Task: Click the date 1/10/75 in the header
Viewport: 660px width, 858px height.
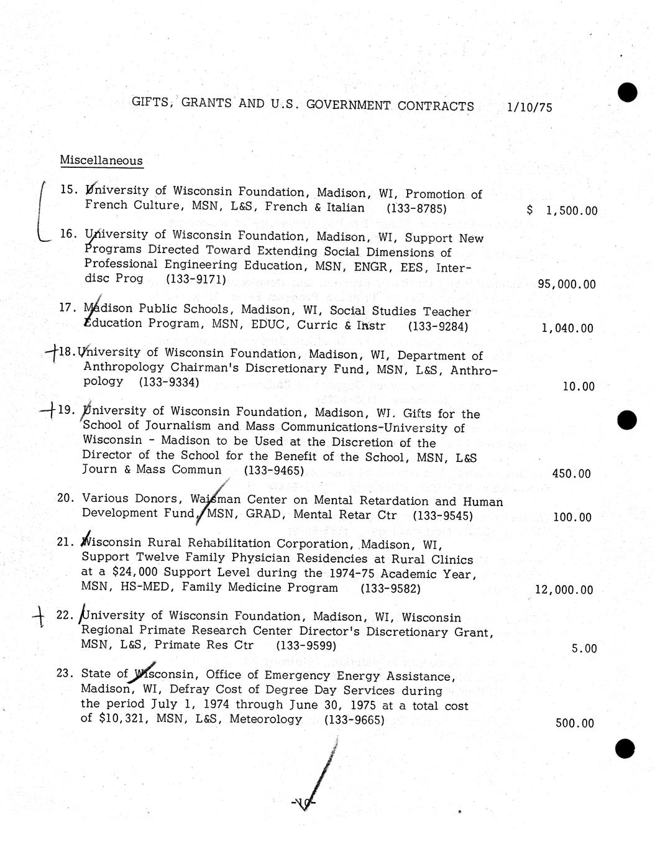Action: point(529,107)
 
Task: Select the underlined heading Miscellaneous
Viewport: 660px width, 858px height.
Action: point(101,160)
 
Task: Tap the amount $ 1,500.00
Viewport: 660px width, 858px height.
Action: point(562,211)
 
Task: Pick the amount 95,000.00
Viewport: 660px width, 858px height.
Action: point(566,285)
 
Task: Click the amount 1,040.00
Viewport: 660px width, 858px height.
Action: point(567,328)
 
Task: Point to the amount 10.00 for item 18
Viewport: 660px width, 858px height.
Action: point(578,387)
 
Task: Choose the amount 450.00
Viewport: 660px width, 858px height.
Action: point(571,474)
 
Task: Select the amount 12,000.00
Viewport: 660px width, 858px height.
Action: point(564,590)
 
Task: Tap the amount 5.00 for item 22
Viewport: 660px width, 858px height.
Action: point(584,649)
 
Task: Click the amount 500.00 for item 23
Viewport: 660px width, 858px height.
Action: point(574,724)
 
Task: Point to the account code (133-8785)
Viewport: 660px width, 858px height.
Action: point(416,209)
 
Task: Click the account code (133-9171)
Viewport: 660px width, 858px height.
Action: point(196,279)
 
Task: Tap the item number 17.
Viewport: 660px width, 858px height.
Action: point(66,308)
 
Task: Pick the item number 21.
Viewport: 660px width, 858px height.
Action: point(65,542)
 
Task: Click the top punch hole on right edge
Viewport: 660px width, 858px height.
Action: point(627,92)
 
